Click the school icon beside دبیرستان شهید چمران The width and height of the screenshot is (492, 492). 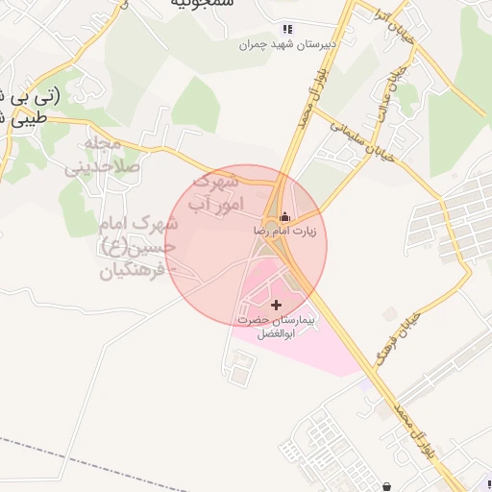[286, 29]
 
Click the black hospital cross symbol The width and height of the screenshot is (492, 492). [278, 304]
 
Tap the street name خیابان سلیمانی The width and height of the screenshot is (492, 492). [358, 139]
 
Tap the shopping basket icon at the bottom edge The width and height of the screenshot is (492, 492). [386, 486]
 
